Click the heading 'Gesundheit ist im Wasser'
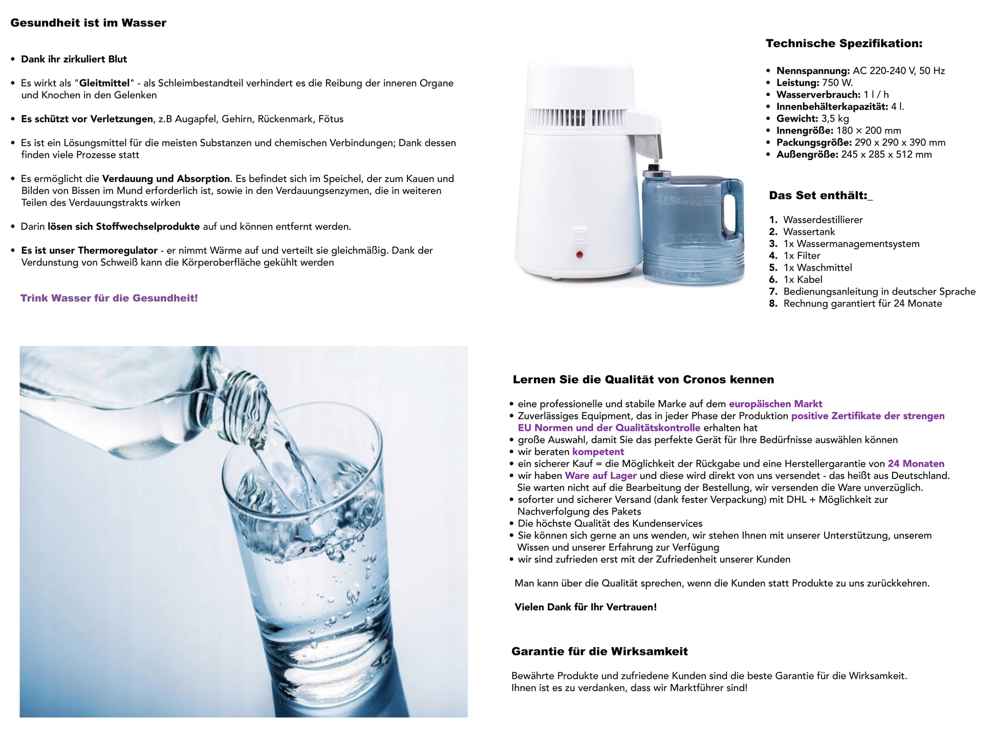point(88,23)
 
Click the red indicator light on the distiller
point(579,254)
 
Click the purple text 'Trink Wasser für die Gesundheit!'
point(109,298)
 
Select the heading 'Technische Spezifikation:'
point(843,43)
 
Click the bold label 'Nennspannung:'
point(813,71)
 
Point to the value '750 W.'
point(837,83)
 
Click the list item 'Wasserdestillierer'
point(822,220)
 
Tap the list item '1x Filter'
point(802,256)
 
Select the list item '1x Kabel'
point(803,280)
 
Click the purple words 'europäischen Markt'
point(775,404)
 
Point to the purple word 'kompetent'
point(598,452)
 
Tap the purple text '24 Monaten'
point(916,464)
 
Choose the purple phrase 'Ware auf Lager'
point(600,476)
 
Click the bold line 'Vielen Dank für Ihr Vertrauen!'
point(586,607)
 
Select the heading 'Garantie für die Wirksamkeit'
point(599,651)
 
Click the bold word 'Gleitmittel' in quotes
point(104,83)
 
